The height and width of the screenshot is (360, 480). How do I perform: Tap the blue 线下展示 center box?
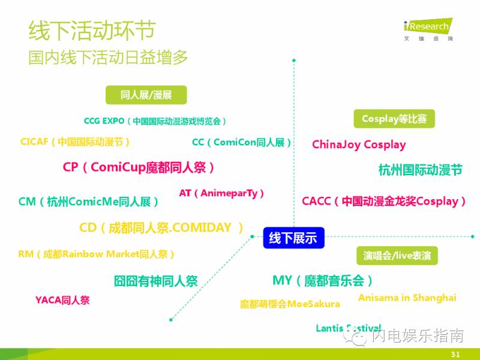[x=293, y=238]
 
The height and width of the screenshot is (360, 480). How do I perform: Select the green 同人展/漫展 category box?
[x=146, y=95]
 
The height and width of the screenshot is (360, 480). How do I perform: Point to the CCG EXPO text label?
[x=155, y=121]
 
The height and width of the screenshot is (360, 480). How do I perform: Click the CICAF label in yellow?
[x=75, y=142]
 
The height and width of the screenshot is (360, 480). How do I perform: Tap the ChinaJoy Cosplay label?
[x=359, y=145]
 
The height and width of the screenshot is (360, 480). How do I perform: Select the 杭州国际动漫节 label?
[x=420, y=170]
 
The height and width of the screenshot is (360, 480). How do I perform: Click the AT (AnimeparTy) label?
[x=221, y=193]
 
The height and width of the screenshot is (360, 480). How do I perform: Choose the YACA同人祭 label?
[x=62, y=300]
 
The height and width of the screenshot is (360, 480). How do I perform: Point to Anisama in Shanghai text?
[x=407, y=298]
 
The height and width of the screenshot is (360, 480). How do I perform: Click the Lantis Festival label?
[x=348, y=328]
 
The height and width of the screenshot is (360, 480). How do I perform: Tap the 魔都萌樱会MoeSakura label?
[x=290, y=304]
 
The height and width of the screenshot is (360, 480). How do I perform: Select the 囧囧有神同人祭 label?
[x=155, y=281]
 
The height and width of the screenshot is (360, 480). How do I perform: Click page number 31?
[x=455, y=354]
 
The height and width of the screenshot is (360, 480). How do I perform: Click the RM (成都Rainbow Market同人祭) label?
[x=97, y=254]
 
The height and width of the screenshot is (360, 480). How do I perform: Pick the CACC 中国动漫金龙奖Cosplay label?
[x=384, y=202]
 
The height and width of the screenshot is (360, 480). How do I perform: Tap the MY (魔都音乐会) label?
[x=322, y=280]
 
